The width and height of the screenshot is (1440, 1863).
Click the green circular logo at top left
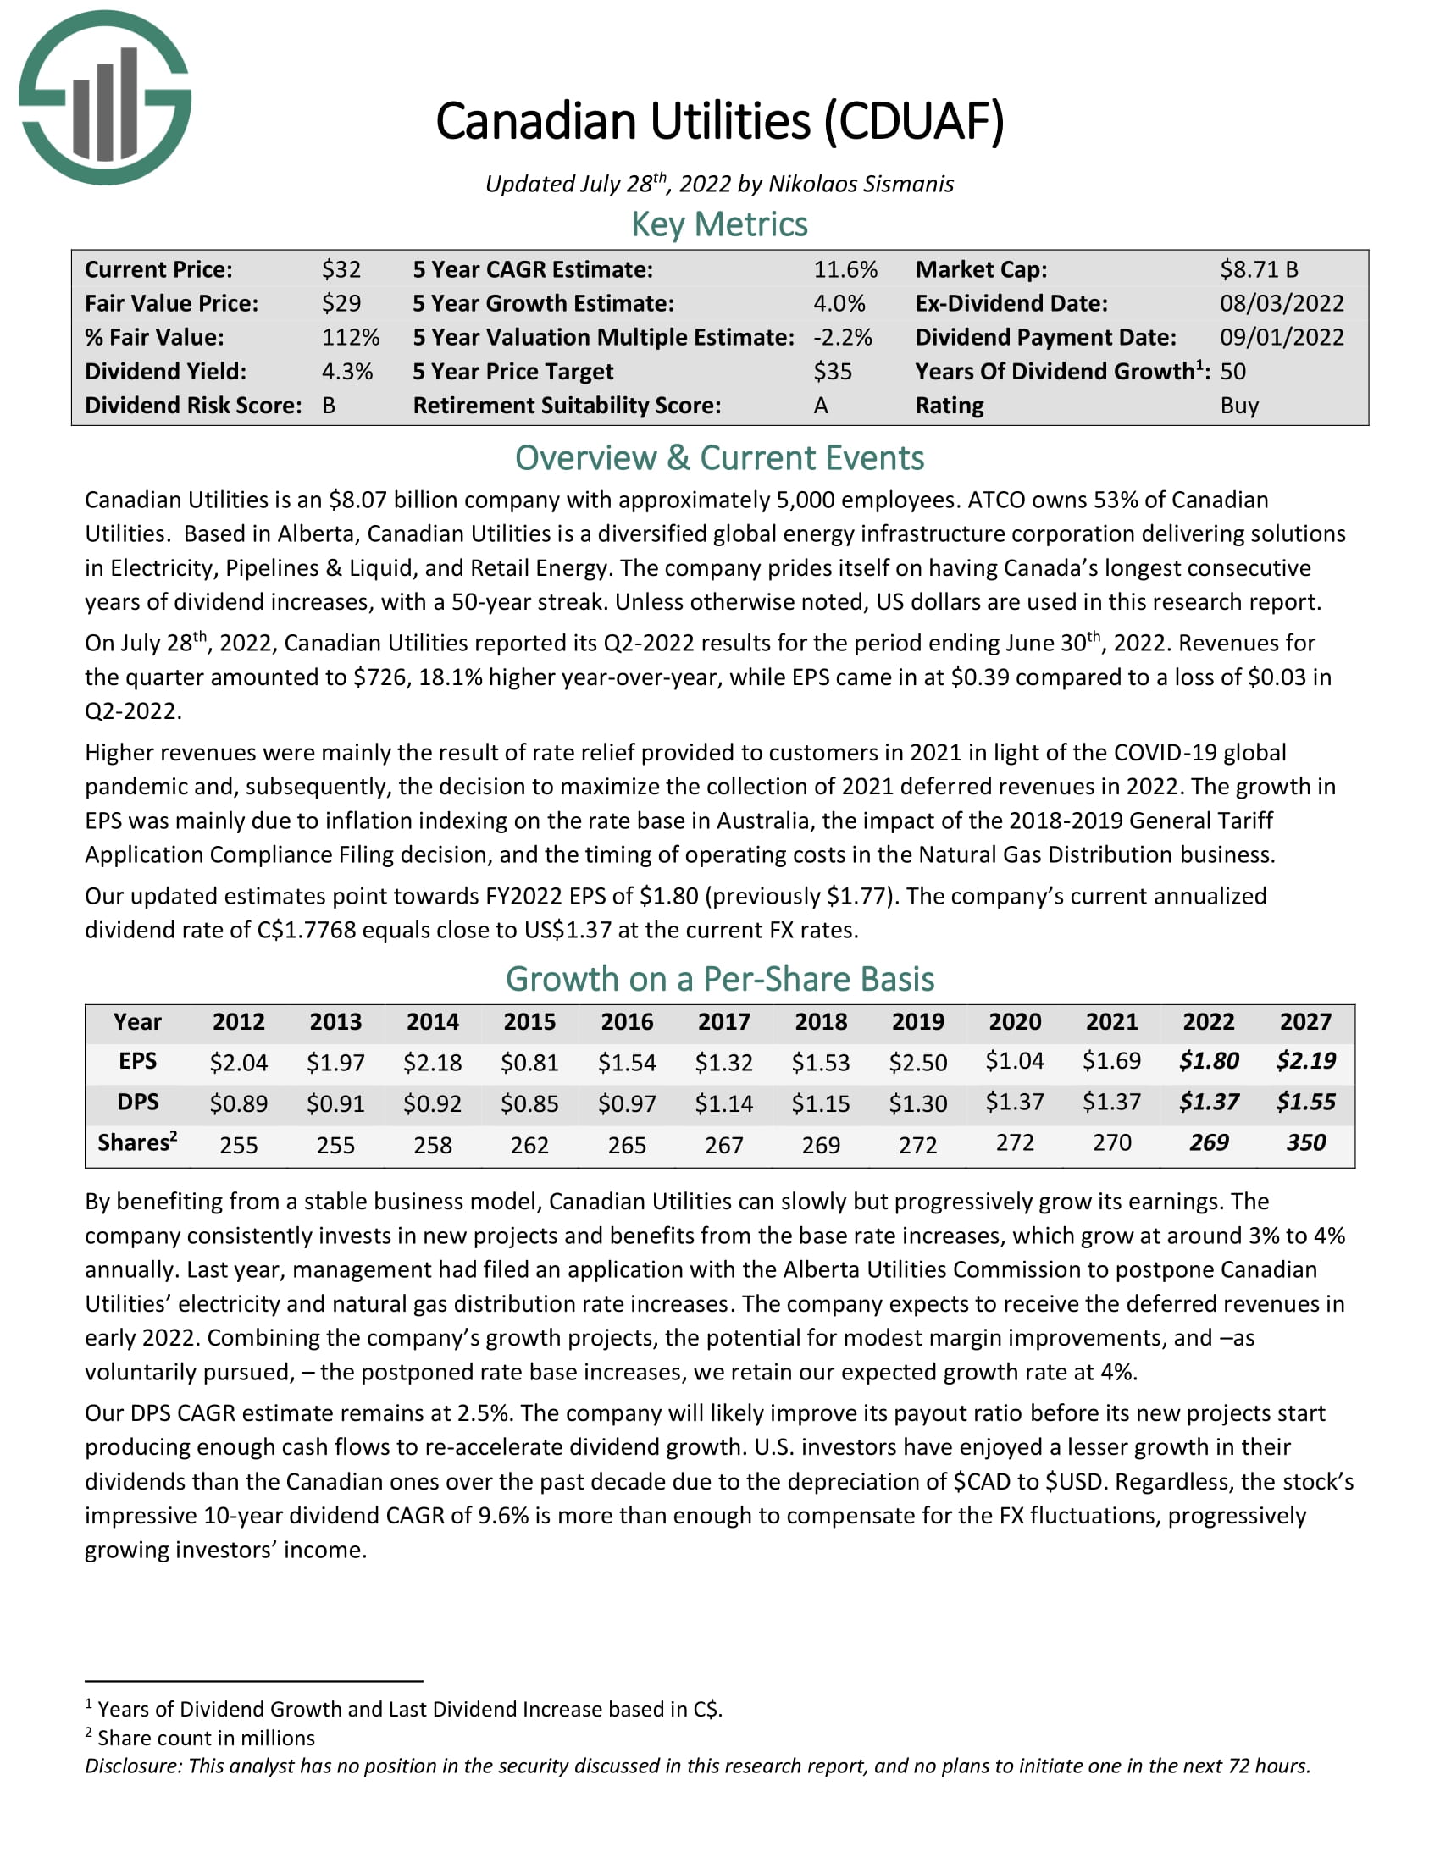click(104, 97)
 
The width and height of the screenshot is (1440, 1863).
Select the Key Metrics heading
click(719, 224)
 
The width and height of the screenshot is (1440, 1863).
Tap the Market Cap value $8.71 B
click(1258, 269)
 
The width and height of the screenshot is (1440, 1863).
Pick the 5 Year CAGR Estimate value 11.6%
click(845, 269)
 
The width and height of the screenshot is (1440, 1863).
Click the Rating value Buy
click(1238, 405)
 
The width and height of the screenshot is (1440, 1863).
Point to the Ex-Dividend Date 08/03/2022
click(1282, 304)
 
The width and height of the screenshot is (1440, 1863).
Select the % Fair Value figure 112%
click(350, 338)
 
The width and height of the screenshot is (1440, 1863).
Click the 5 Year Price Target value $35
click(832, 372)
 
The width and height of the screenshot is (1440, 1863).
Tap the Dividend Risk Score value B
click(329, 405)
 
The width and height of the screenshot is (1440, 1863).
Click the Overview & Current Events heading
click(719, 458)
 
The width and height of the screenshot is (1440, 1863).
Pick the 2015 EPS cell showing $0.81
click(529, 1062)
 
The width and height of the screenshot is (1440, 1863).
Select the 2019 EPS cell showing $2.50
click(917, 1062)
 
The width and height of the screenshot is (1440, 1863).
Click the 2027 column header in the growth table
click(1305, 1021)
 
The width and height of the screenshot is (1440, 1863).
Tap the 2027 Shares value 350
click(1305, 1143)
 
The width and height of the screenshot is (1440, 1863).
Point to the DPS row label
click(137, 1102)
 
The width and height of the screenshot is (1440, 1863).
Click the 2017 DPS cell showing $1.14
click(723, 1103)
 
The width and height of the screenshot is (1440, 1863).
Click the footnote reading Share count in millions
click(206, 1738)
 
